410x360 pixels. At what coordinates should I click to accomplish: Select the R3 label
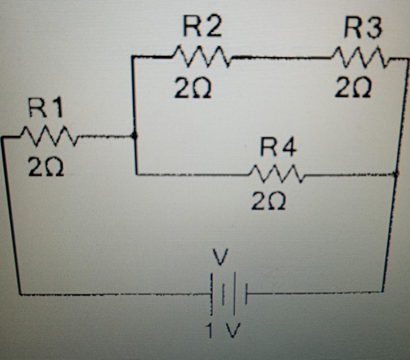tap(363, 30)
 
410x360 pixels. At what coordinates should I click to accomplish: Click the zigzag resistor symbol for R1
tap(50, 136)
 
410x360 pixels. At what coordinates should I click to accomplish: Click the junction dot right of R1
tap(135, 136)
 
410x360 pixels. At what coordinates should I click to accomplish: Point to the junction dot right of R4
tap(396, 174)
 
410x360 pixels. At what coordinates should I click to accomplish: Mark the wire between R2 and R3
tap(280, 59)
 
